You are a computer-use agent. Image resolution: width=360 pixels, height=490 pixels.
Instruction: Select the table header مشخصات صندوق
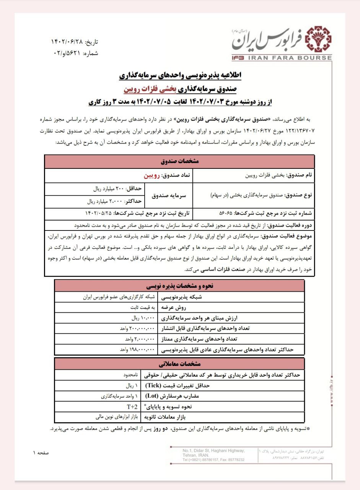(x=179, y=162)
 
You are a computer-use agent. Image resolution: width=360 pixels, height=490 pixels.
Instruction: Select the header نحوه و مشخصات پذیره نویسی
(x=179, y=286)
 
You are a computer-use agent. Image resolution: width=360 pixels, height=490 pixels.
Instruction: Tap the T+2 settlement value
(x=132, y=407)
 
